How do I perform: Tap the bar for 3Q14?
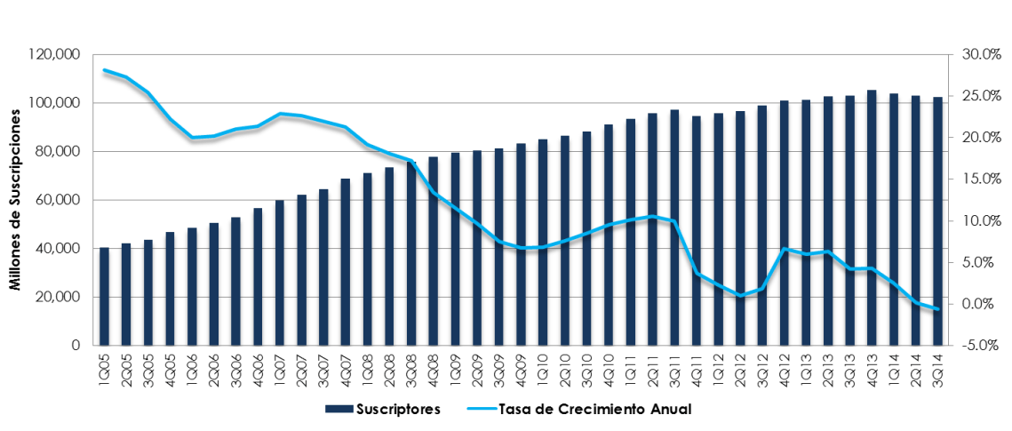(x=936, y=221)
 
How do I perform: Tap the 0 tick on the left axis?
(x=78, y=346)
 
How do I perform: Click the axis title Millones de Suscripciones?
(x=15, y=201)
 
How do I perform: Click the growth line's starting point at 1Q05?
(x=105, y=70)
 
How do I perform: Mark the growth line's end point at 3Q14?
(x=936, y=309)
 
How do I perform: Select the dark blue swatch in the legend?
(x=338, y=410)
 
